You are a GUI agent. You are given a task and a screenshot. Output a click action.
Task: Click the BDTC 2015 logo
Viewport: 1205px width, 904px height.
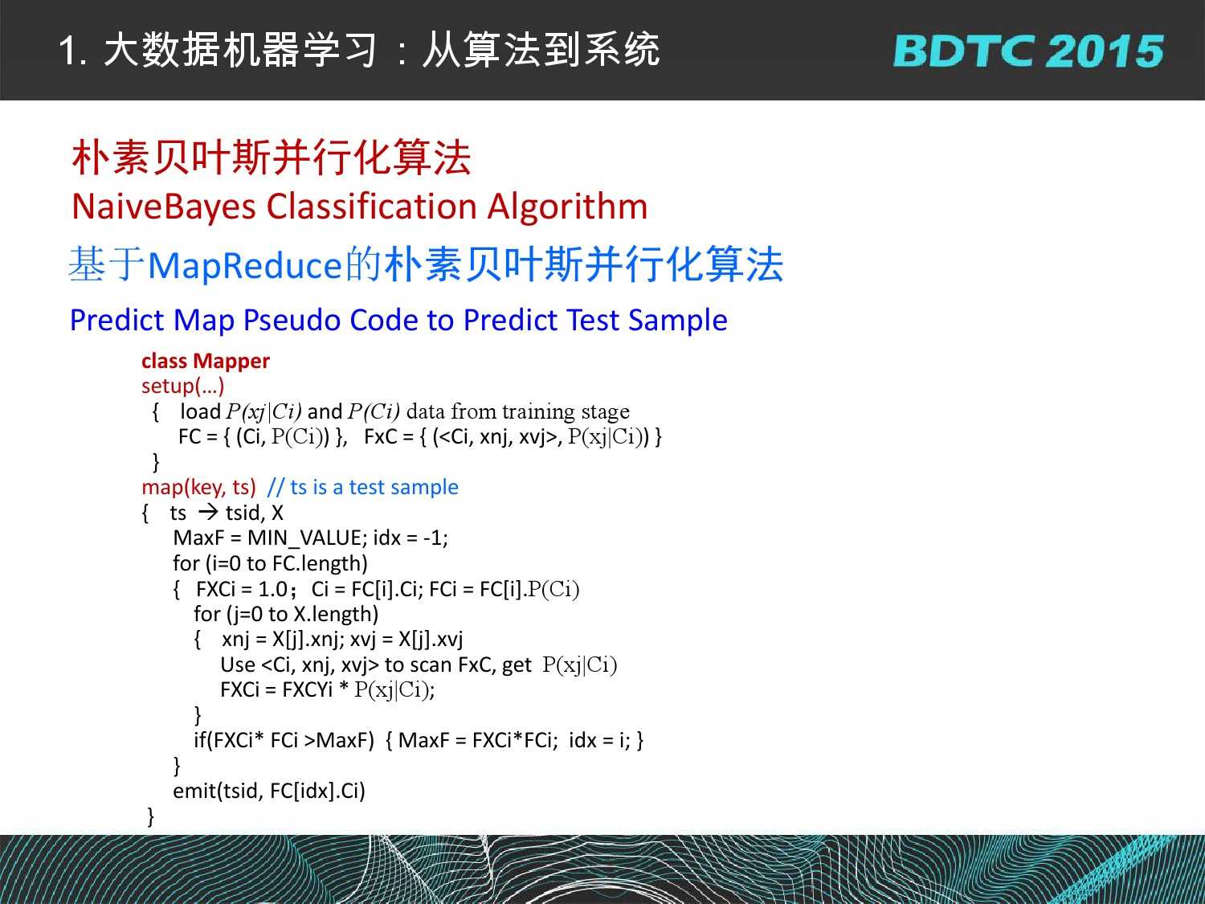pos(1028,51)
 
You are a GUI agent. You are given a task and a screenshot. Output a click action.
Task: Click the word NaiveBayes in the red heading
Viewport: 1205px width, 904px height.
pos(164,207)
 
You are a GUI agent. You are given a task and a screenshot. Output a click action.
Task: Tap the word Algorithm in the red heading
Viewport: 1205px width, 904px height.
pos(567,207)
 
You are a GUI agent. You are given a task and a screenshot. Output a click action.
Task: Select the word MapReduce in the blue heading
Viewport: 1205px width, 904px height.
pos(245,266)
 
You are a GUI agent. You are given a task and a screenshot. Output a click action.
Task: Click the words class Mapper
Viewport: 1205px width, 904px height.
pos(206,361)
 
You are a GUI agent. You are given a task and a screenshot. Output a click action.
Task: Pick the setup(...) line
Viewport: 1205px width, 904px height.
pos(183,386)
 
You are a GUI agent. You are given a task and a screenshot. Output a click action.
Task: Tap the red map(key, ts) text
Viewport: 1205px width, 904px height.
pos(198,488)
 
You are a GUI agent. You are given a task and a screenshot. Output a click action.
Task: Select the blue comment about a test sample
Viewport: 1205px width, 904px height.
pos(363,488)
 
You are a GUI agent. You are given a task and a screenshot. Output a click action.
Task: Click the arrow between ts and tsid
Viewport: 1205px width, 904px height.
pos(208,513)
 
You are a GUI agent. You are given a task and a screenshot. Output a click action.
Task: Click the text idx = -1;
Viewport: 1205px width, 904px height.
pos(411,538)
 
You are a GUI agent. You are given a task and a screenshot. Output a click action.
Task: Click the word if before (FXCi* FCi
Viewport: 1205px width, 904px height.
pos(198,740)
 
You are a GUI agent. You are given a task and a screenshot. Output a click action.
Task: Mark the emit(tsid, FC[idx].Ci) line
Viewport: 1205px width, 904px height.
pos(269,792)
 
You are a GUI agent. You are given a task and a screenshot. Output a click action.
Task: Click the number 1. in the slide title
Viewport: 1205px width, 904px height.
pos(72,51)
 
